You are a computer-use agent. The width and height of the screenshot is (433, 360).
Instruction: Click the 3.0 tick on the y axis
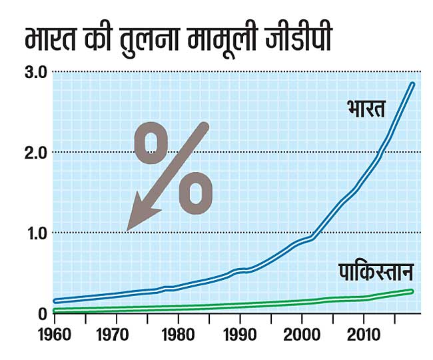(x=31, y=71)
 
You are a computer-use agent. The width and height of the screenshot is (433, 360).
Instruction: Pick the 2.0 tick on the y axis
(x=31, y=152)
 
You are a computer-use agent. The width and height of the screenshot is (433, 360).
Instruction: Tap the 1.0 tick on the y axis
(x=31, y=233)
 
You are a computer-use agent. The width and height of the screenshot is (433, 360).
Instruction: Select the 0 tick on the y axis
(x=41, y=313)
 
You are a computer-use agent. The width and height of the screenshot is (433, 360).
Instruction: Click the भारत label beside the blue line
(x=366, y=108)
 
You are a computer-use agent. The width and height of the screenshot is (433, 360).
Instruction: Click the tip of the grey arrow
(x=128, y=230)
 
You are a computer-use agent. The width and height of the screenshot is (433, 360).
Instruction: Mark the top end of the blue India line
(x=412, y=85)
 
